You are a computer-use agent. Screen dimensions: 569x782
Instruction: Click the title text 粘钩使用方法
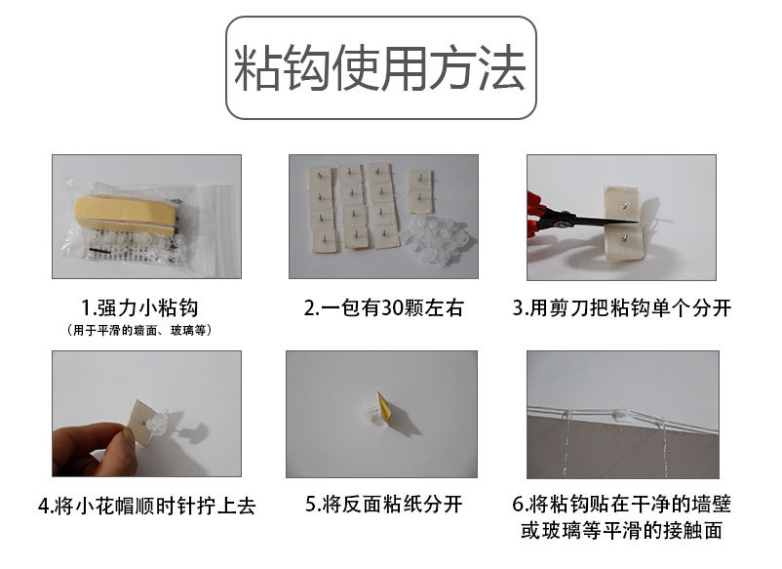pyautogui.click(x=380, y=68)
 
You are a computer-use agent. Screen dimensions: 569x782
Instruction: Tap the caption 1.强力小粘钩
pyautogui.click(x=146, y=309)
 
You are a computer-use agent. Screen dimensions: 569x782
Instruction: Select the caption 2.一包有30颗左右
pyautogui.click(x=383, y=309)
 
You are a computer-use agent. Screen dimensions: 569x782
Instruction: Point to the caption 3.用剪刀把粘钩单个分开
pyautogui.click(x=622, y=309)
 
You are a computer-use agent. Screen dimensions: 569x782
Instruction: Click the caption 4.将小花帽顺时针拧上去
pyautogui.click(x=146, y=506)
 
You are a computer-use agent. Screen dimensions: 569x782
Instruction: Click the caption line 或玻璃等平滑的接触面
pyautogui.click(x=622, y=532)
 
